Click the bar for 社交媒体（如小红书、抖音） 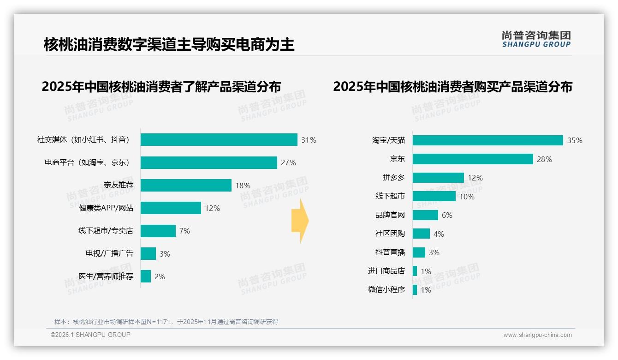click(219, 140)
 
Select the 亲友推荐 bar click(186, 186)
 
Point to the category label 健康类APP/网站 click(106, 208)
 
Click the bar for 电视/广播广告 click(149, 254)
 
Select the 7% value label click(184, 231)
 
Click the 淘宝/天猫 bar click(488, 140)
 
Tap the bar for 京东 click(473, 159)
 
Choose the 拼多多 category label click(393, 178)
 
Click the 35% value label click(575, 141)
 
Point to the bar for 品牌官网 click(425, 215)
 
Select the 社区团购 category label click(390, 234)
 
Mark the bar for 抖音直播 click(419, 252)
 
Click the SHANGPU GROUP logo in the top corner click(536, 39)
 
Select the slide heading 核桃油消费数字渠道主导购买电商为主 click(169, 45)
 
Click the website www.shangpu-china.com click(537, 335)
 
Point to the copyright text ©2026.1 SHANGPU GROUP click(90, 335)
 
